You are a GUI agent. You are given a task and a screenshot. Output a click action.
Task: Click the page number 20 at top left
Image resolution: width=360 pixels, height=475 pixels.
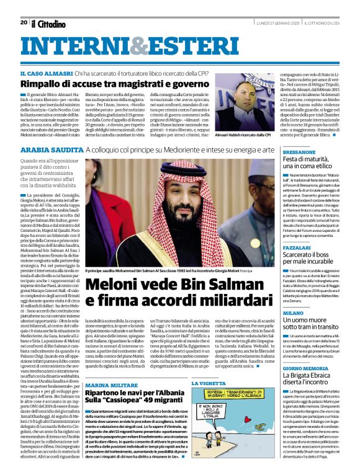click(x=23, y=22)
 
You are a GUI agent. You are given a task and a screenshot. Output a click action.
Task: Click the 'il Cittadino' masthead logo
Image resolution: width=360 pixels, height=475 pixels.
click(x=48, y=24)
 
